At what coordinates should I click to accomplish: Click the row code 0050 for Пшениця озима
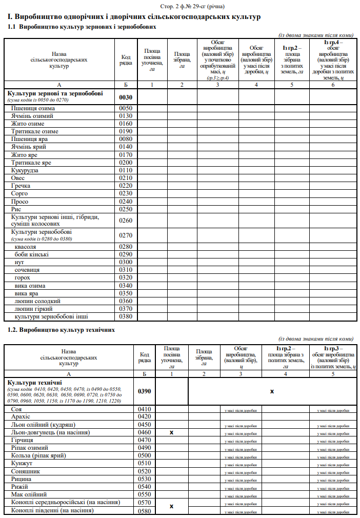point(126,108)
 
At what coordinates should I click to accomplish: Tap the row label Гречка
point(21,186)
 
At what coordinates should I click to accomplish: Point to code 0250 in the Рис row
point(126,209)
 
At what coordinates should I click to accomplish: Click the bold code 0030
point(126,96)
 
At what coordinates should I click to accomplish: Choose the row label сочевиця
point(27,270)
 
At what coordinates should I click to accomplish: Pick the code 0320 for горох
point(126,277)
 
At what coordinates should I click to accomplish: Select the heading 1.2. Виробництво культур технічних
point(61,330)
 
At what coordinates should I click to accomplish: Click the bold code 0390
point(145,391)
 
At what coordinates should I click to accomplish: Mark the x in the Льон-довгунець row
point(172,432)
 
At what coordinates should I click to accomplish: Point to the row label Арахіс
point(21,417)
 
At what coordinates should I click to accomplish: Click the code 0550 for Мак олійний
point(145,494)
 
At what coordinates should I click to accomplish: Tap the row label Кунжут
point(23,463)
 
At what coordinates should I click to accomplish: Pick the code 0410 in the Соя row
point(145,409)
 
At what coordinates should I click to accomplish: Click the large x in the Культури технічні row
point(272,391)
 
